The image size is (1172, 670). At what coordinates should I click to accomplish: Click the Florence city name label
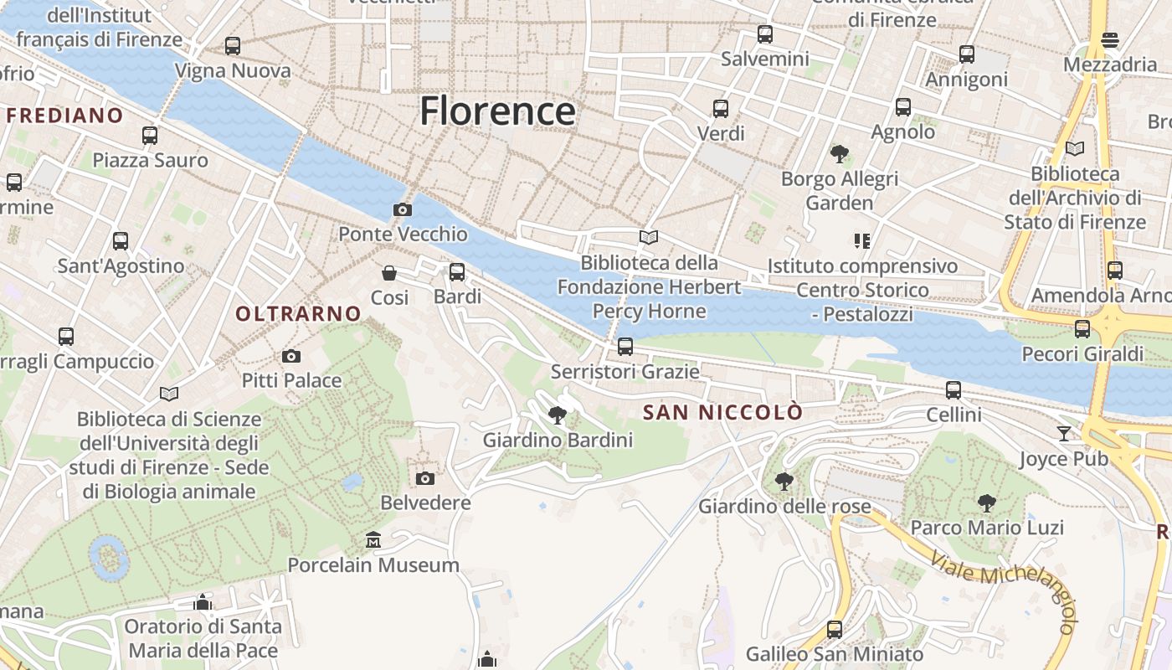(497, 111)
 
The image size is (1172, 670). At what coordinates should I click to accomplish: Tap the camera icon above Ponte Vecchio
(403, 209)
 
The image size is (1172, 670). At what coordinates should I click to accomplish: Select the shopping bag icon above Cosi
(389, 273)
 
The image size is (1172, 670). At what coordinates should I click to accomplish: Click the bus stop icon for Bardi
(457, 272)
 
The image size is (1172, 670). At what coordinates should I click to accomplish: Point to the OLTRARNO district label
(298, 314)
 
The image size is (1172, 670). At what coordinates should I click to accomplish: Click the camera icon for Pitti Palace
(291, 356)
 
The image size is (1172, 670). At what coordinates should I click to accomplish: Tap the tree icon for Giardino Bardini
(557, 415)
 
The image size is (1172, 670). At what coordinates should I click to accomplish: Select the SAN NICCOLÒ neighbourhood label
(722, 412)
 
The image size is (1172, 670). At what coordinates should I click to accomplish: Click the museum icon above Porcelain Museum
(373, 540)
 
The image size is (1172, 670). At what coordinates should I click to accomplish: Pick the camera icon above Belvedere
(425, 478)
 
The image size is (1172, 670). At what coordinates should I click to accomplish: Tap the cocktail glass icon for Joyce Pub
(1064, 433)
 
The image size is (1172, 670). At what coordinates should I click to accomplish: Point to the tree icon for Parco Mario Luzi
(987, 502)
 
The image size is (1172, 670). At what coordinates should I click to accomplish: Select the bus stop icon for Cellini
(954, 389)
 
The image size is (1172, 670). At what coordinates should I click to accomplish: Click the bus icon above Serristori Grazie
(625, 347)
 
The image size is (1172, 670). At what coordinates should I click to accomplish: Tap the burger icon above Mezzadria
(1110, 39)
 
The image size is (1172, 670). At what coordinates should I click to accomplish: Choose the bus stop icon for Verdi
(721, 109)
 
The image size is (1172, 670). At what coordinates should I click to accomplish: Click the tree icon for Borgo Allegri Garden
(840, 154)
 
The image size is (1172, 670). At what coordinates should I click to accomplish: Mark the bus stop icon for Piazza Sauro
(150, 135)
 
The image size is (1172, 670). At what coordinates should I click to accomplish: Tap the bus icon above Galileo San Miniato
(835, 629)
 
